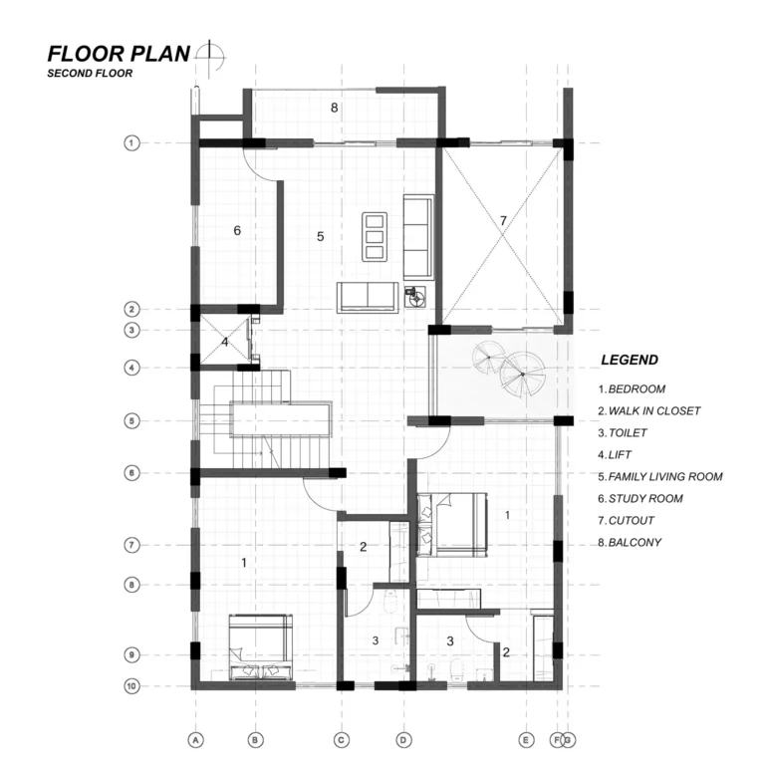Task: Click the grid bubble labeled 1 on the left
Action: click(131, 143)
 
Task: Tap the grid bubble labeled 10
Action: click(131, 686)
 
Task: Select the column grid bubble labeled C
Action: click(341, 740)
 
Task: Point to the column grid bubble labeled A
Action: click(195, 740)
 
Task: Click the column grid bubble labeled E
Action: click(526, 740)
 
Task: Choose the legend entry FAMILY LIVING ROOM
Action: click(660, 477)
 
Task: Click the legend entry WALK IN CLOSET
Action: click(649, 410)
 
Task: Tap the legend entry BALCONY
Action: click(630, 543)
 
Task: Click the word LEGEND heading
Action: click(630, 360)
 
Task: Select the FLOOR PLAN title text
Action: click(119, 54)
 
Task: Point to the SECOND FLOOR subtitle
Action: click(90, 73)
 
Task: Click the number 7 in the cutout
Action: click(503, 221)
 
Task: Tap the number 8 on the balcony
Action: click(335, 108)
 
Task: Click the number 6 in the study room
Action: click(237, 230)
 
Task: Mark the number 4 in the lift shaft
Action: click(224, 342)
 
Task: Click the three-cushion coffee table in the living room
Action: click(375, 237)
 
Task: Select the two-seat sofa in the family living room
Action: click(368, 297)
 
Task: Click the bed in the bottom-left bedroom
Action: click(261, 646)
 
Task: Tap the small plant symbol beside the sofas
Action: click(415, 296)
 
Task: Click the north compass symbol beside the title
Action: click(210, 58)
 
